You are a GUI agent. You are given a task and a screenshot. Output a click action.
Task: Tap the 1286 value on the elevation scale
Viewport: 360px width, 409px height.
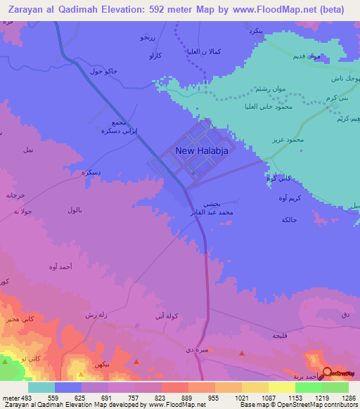[x=349, y=398]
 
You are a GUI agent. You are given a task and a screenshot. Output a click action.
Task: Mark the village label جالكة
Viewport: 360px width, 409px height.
[x=288, y=221]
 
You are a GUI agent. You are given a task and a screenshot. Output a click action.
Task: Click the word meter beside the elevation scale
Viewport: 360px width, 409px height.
[x=10, y=398]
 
